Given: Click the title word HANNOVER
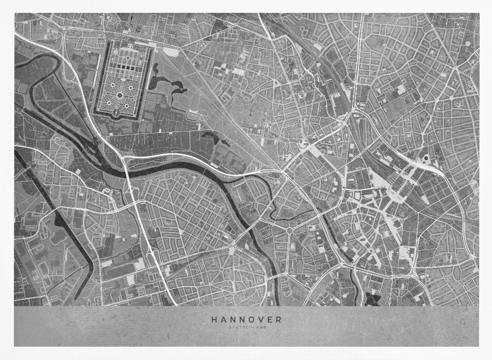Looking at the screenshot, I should click(246, 319).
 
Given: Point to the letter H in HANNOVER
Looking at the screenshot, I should click(214, 319).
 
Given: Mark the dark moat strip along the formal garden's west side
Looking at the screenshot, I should click(97, 79).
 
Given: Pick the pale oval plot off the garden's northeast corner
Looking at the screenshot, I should click(171, 51).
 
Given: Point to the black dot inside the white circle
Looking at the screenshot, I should click(426, 158).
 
